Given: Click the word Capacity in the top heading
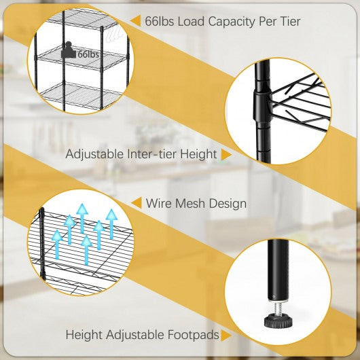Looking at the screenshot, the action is tap(232, 22).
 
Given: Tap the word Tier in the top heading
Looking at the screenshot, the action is tap(291, 21).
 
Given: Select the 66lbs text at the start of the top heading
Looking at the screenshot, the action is tap(160, 21).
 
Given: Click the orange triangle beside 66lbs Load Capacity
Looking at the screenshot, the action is tap(136, 20).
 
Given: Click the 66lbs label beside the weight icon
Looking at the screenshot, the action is tap(88, 54).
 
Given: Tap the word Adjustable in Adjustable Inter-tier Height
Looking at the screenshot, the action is tap(94, 154).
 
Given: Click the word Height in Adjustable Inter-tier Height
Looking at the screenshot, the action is tap(198, 154).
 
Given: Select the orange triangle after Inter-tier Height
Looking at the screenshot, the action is tap(226, 154).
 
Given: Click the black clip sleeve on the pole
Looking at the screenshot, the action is tap(262, 105).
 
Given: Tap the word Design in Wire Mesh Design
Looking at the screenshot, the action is tap(228, 204).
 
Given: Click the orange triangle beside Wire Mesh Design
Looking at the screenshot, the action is tap(137, 203).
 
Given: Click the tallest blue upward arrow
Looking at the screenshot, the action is tap(82, 218).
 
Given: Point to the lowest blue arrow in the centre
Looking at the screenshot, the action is tap(86, 250).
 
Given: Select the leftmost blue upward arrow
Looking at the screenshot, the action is tap(57, 245).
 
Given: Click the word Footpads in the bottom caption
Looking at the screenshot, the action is tap(194, 335).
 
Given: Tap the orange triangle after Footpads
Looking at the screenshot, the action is tap(226, 336).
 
